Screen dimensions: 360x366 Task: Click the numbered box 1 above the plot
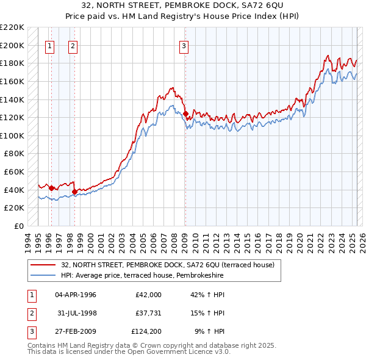[x=49, y=45]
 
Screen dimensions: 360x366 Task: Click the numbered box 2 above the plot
[x=73, y=45]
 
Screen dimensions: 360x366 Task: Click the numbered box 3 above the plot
[x=183, y=45]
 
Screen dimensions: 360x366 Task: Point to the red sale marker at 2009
[x=185, y=113]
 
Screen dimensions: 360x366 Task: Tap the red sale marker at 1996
[x=52, y=188]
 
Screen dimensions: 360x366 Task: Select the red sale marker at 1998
[x=74, y=192]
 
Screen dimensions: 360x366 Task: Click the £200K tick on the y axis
[x=12, y=45]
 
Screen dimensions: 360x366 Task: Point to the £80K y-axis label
[x=15, y=154]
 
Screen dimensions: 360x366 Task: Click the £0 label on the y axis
[x=20, y=226]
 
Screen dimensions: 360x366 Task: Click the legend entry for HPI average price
[x=142, y=276]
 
